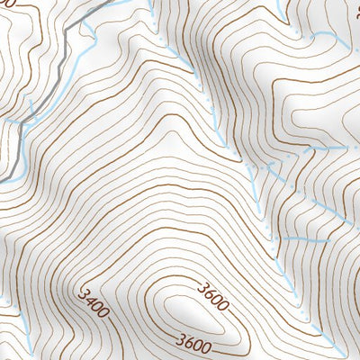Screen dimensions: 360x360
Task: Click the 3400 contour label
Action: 94,305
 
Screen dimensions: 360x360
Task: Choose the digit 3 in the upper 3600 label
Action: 197,288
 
